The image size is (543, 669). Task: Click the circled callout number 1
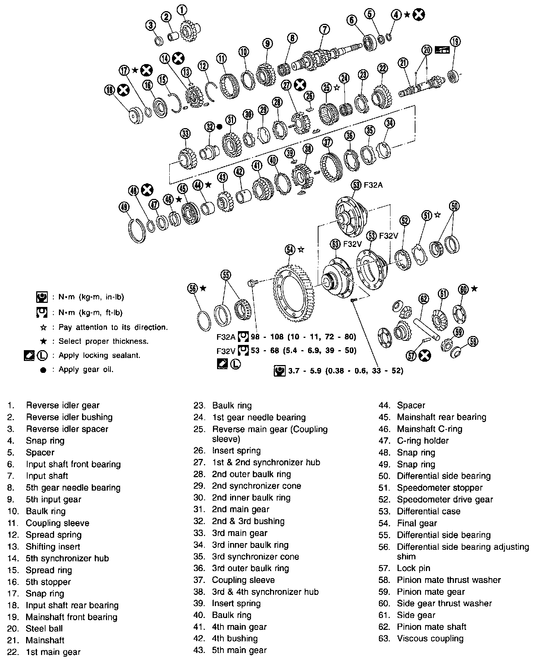[182, 10]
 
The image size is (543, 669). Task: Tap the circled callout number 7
[324, 29]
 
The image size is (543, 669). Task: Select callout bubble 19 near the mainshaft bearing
[455, 41]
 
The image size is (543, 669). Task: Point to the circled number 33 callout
[185, 133]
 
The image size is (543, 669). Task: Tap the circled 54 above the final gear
[290, 250]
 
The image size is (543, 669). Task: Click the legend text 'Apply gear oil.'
[86, 370]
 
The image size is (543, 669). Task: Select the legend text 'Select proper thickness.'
[103, 341]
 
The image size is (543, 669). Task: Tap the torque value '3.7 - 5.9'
[302, 371]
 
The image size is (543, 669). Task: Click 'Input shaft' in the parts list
[47, 476]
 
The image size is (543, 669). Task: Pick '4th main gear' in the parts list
[239, 627]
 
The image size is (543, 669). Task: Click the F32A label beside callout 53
[373, 185]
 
